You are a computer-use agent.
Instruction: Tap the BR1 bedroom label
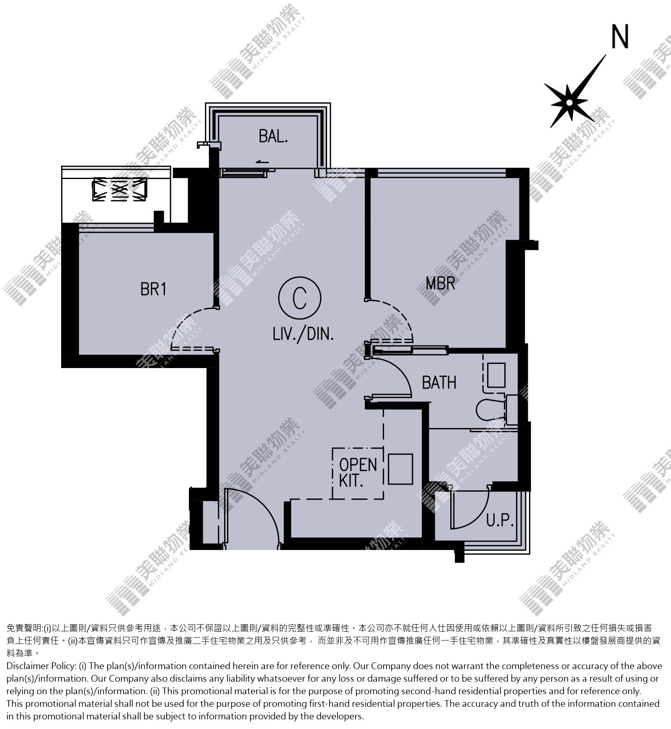pyautogui.click(x=153, y=289)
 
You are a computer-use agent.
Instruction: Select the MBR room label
pyautogui.click(x=440, y=283)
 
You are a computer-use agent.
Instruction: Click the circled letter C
pyautogui.click(x=299, y=298)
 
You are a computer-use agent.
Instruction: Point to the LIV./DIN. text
pyautogui.click(x=303, y=335)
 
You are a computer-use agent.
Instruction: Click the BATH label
pyautogui.click(x=439, y=382)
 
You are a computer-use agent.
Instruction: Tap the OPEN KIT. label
pyautogui.click(x=358, y=472)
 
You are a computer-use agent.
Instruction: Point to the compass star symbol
pyautogui.click(x=570, y=102)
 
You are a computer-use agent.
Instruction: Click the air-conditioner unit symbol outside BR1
pyautogui.click(x=120, y=189)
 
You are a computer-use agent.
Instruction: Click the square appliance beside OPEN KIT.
pyautogui.click(x=400, y=469)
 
